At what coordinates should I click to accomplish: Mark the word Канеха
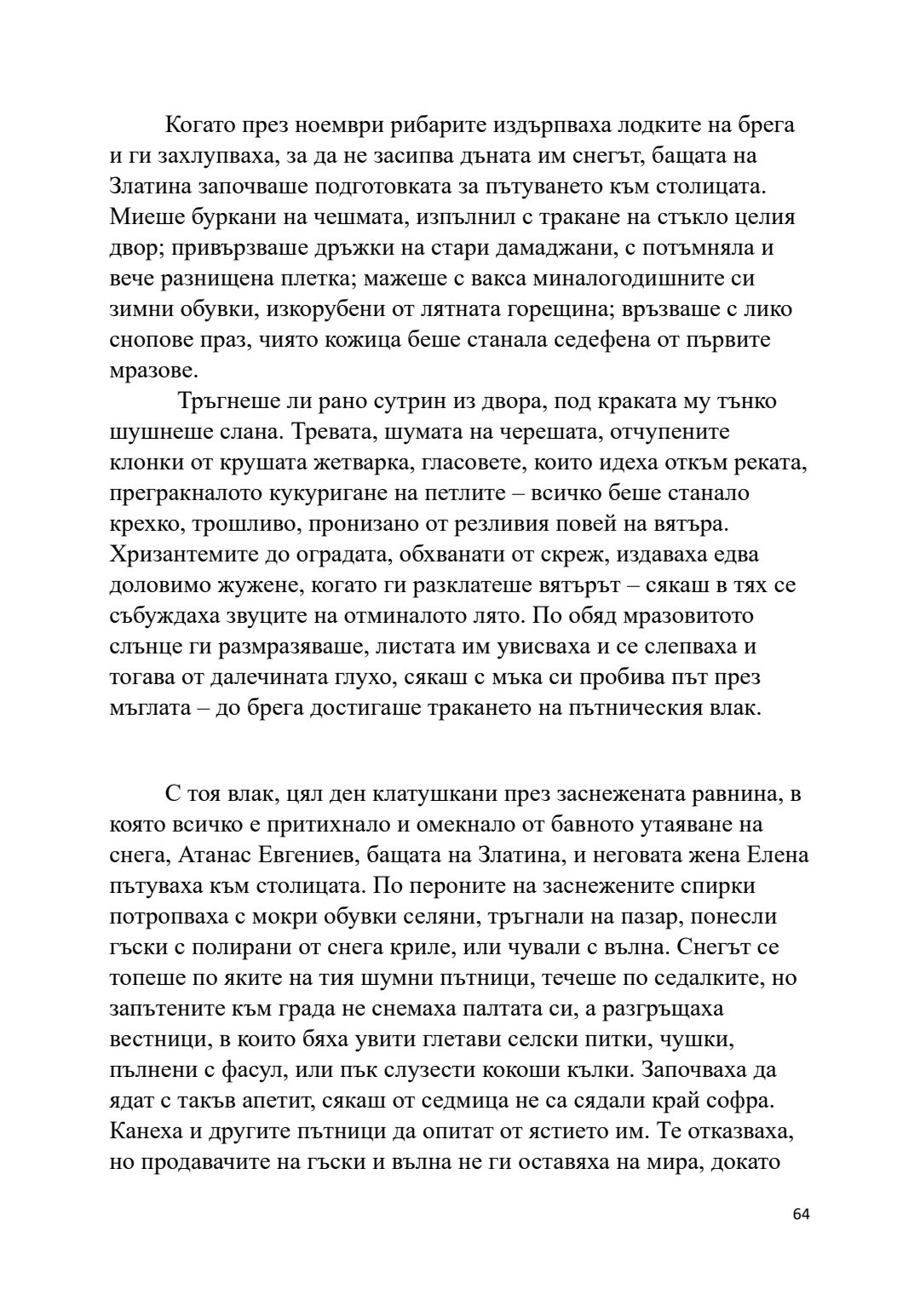(146, 1131)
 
